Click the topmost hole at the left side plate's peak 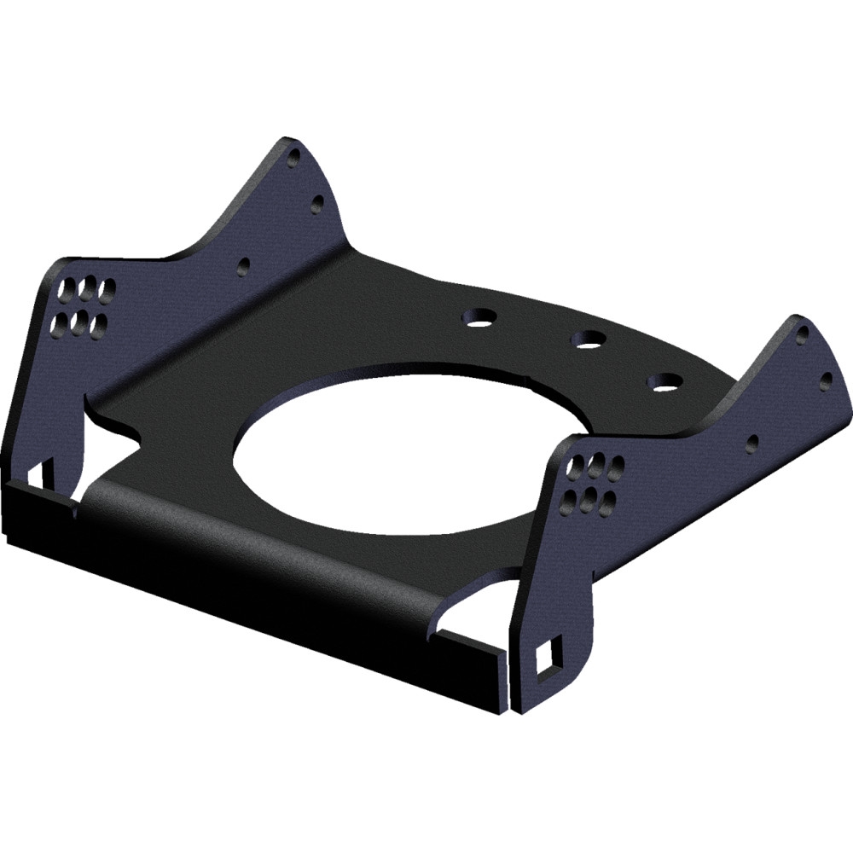coord(294,158)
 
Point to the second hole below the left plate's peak coord(317,203)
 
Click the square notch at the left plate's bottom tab coord(38,471)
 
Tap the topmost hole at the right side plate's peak coord(803,335)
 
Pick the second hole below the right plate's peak coord(826,380)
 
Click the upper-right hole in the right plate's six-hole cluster coord(613,466)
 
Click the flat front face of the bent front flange coord(256,597)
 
